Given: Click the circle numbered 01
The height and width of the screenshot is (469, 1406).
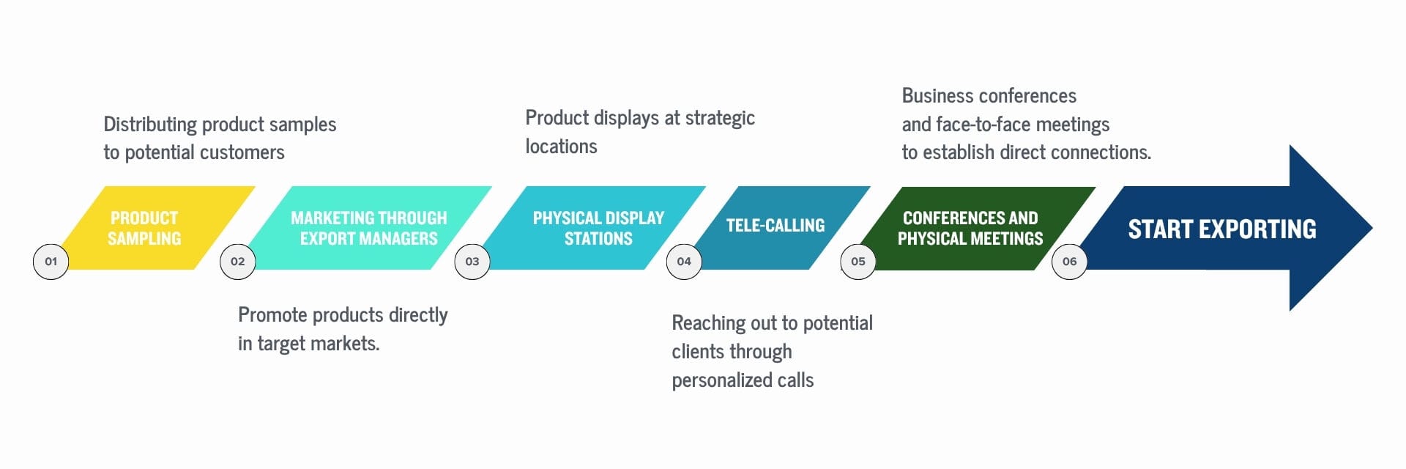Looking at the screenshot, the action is click(x=51, y=262).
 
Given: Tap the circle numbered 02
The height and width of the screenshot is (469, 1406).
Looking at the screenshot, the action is click(x=238, y=262).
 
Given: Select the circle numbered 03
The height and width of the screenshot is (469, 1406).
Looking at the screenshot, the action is click(x=472, y=262).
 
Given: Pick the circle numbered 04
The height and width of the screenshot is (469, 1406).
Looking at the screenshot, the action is click(x=684, y=262).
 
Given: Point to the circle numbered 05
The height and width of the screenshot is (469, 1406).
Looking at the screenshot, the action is click(x=858, y=262).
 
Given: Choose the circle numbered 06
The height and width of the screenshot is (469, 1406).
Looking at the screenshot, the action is click(x=1070, y=262).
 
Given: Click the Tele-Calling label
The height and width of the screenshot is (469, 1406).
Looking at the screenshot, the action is click(x=775, y=226).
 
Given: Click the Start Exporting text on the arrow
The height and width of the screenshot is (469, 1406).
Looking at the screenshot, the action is click(x=1222, y=229).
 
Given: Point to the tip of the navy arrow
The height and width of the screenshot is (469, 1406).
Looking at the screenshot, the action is click(x=1372, y=228).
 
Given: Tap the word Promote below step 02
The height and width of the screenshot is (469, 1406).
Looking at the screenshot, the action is click(x=272, y=315).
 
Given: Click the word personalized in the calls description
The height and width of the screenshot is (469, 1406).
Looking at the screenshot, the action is click(x=718, y=381).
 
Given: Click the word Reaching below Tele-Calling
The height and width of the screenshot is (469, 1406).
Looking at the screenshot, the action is click(x=705, y=324).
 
